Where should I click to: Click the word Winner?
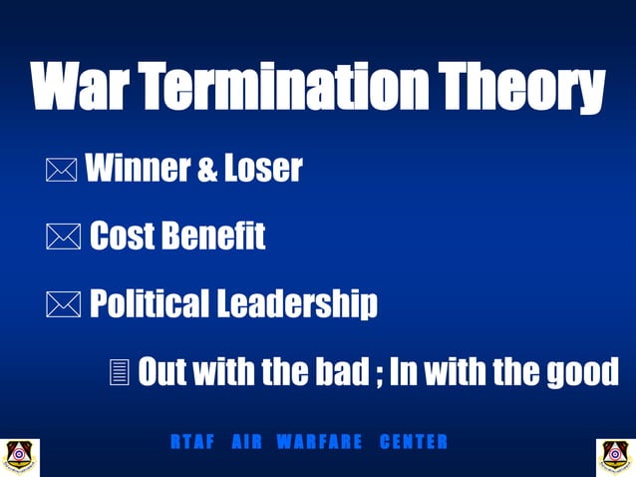[x=134, y=170]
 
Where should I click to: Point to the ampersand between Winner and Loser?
[x=207, y=172]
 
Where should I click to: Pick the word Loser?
[x=262, y=170]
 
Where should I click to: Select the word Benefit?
[x=214, y=237]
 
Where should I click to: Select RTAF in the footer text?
[x=191, y=441]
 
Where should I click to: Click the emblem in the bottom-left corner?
[x=20, y=456]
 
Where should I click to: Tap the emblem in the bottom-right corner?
[x=615, y=456]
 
